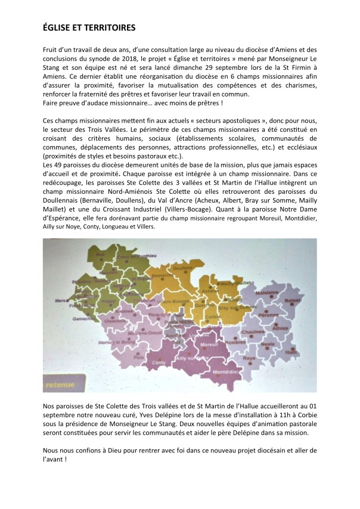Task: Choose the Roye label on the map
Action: click(x=249, y=358)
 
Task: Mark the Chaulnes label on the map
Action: click(x=253, y=333)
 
